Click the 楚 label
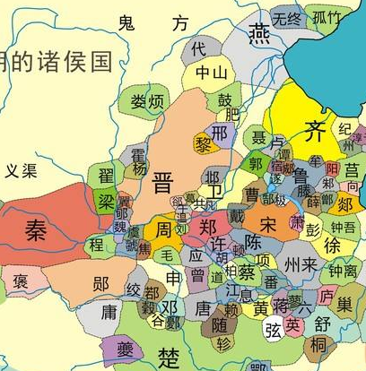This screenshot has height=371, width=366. [169, 358]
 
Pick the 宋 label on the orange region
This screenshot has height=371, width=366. [268, 221]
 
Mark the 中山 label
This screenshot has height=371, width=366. [211, 73]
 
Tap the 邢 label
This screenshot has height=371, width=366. [219, 133]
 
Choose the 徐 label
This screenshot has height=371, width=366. [332, 245]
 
